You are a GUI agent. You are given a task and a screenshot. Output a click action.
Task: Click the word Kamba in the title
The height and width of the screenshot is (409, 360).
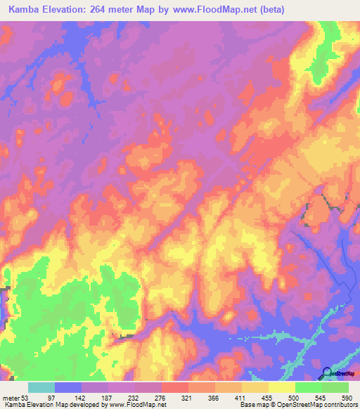(x=23, y=9)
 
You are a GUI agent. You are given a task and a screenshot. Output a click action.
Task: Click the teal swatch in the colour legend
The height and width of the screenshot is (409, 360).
(x=41, y=387)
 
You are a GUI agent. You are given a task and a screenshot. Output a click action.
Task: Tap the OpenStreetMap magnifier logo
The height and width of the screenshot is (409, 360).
(x=327, y=373)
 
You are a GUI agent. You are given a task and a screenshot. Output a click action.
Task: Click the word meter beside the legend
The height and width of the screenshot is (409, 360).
(x=12, y=398)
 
